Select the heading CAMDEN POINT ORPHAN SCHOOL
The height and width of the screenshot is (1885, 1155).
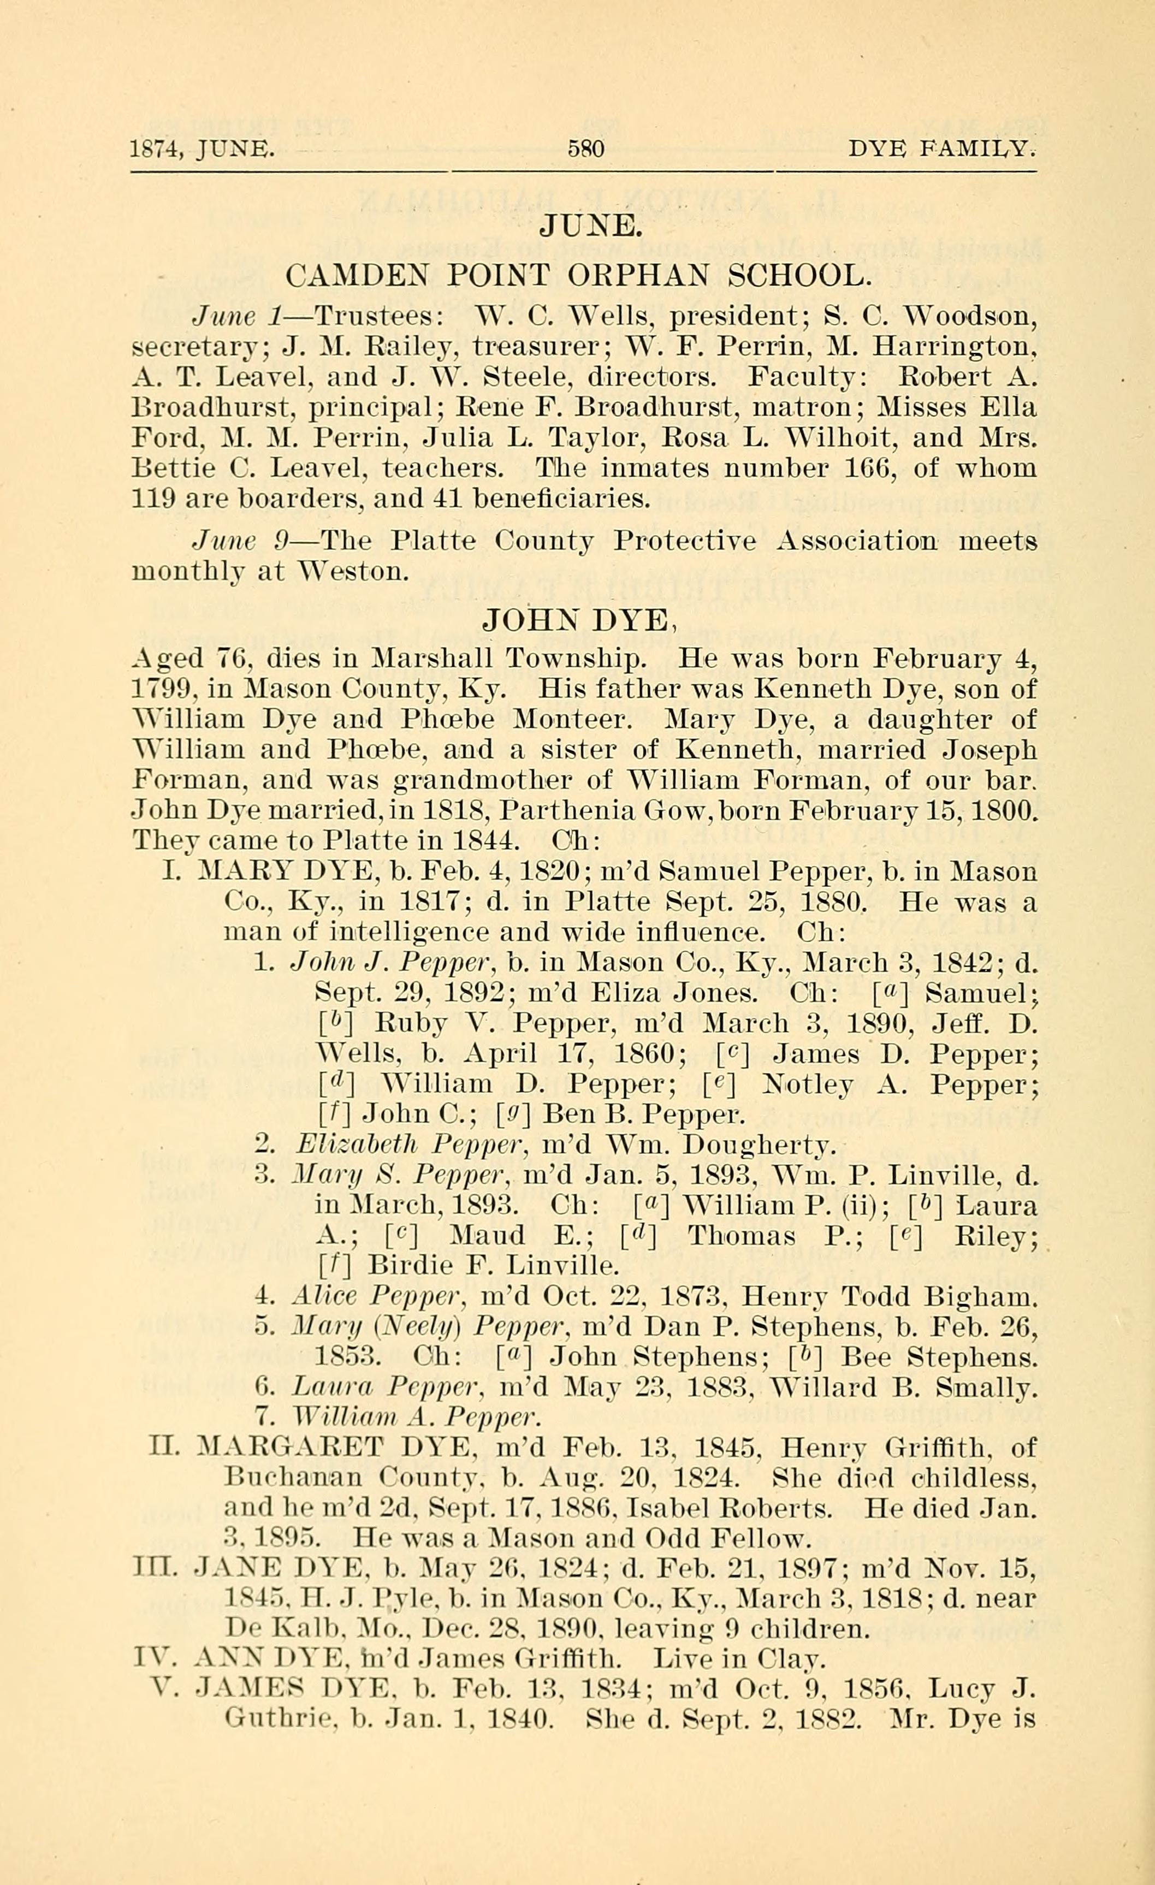pos(578,275)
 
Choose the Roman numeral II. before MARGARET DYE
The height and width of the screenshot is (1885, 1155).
pos(166,1448)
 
